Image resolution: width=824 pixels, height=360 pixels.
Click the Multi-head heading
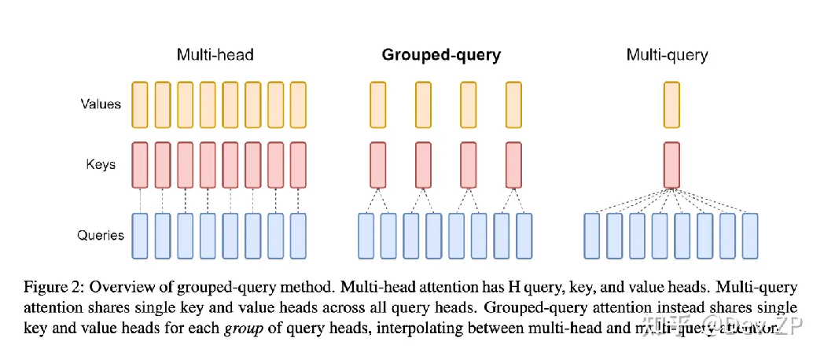pos(215,55)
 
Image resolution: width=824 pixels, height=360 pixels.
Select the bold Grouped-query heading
pos(441,55)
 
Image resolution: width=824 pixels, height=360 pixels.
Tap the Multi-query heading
pos(667,55)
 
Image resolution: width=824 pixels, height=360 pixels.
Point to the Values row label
pos(101,103)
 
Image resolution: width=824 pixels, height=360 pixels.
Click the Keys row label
pos(101,164)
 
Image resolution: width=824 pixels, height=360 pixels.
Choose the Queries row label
pos(101,234)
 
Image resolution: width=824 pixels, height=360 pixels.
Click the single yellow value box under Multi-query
pos(671,104)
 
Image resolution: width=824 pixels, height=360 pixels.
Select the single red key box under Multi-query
pos(671,165)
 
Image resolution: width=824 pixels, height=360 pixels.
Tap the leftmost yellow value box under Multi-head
pos(140,104)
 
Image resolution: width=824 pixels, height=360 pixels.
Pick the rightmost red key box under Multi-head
pos(298,165)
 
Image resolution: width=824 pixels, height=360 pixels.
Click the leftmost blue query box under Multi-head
pos(140,235)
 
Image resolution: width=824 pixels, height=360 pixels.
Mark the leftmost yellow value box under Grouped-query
pos(377,104)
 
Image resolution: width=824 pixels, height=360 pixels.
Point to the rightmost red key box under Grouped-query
pos(513,165)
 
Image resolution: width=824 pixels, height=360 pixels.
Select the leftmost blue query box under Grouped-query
pos(366,235)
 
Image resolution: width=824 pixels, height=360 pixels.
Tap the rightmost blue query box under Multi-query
pos(751,235)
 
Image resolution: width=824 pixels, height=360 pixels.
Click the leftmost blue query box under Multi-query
pos(592,235)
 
